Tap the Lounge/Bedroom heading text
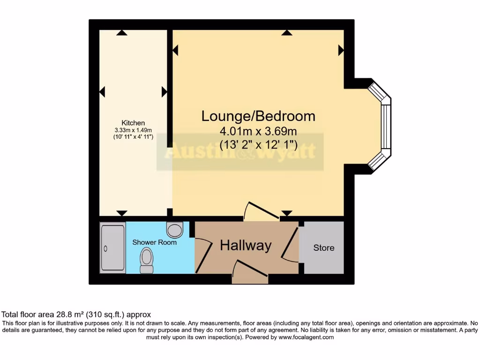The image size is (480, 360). (258, 116)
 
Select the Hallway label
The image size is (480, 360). (246, 245)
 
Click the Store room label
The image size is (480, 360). (324, 247)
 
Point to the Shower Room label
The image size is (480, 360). (154, 242)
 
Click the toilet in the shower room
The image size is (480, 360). (147, 260)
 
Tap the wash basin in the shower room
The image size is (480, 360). (174, 230)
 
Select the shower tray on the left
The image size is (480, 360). (112, 248)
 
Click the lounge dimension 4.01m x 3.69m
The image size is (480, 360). (258, 131)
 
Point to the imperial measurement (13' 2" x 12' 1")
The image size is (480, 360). (258, 144)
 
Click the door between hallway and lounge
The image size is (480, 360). (262, 211)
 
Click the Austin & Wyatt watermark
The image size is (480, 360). (240, 152)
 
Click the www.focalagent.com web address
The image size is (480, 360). (306, 337)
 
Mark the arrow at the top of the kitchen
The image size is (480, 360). (122, 33)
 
